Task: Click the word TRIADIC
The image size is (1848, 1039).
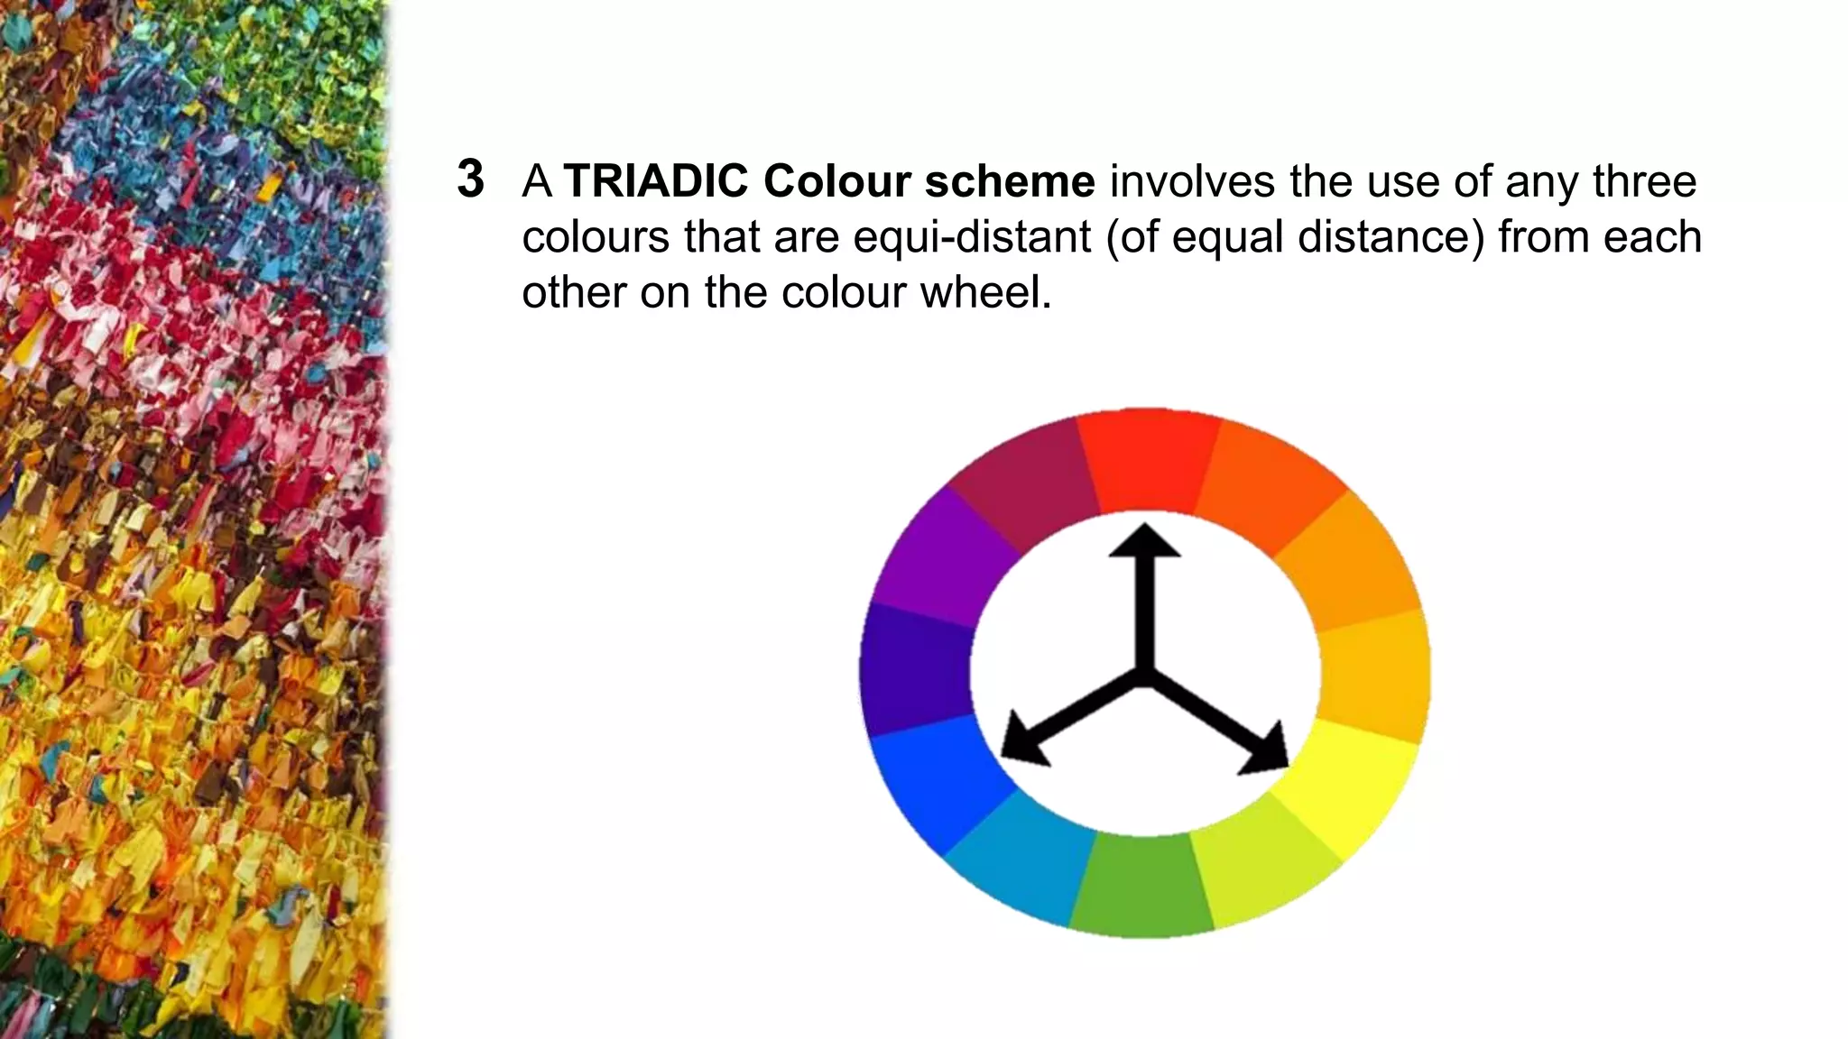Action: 656,181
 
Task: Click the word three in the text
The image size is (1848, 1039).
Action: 1644,181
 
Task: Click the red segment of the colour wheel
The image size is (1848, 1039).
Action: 1149,464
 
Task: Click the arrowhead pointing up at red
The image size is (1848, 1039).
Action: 1144,540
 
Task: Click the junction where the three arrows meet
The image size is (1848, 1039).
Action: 1144,676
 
